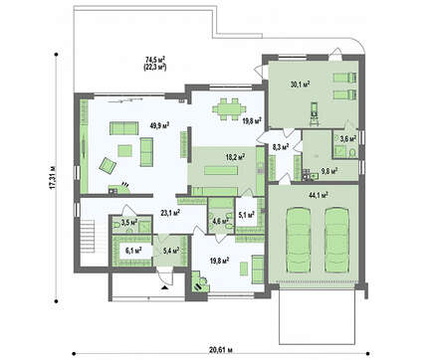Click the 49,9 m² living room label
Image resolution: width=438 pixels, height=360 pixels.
click(x=159, y=125)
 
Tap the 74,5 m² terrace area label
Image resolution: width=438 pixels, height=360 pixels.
click(x=155, y=60)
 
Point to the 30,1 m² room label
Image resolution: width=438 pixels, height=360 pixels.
click(x=300, y=85)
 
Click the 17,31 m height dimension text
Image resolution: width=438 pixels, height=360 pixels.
click(x=52, y=177)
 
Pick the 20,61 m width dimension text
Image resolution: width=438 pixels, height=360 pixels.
click(x=221, y=350)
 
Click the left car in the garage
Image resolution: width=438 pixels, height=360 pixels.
click(x=299, y=240)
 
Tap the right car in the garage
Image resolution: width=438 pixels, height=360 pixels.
click(x=336, y=240)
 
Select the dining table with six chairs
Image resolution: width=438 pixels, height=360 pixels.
click(x=230, y=108)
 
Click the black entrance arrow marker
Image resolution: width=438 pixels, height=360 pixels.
click(x=164, y=287)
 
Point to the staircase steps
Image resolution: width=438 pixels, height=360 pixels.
click(x=88, y=238)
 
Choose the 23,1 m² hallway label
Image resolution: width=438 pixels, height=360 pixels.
click(x=170, y=213)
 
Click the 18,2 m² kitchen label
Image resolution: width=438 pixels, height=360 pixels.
click(x=235, y=157)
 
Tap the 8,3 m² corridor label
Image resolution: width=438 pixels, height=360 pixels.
click(x=281, y=147)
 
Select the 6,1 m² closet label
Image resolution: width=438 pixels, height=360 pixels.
click(x=133, y=250)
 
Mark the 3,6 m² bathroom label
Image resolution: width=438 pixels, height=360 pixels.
click(x=348, y=138)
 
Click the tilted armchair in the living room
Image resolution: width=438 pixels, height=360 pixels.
click(x=108, y=165)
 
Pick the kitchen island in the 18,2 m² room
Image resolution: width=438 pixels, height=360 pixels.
click(x=221, y=171)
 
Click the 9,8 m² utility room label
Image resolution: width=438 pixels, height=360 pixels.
click(x=329, y=171)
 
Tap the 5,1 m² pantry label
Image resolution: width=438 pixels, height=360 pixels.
click(x=247, y=215)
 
